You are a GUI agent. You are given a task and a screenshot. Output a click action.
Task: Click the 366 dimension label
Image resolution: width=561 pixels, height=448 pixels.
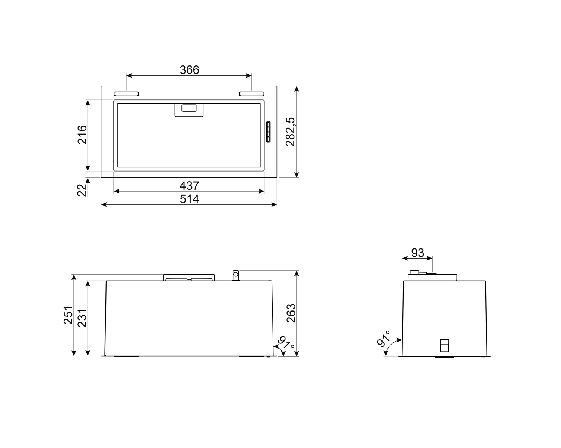(189, 70)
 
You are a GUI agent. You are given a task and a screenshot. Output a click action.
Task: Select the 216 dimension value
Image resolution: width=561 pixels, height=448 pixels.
(82, 135)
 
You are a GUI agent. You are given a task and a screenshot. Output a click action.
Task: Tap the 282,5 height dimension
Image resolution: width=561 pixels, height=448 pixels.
(291, 132)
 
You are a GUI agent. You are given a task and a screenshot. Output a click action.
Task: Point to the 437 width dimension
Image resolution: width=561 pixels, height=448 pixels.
(189, 185)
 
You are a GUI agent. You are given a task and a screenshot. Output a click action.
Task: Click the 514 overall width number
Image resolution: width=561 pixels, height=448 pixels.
(189, 199)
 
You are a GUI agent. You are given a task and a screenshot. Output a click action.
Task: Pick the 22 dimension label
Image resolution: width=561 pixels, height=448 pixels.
(82, 190)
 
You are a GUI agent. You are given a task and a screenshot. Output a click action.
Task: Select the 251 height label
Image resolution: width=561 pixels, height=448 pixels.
(68, 315)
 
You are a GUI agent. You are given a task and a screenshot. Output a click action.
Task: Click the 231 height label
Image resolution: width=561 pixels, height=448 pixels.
(82, 318)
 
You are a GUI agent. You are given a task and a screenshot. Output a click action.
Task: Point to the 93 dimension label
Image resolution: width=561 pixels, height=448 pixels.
(417, 253)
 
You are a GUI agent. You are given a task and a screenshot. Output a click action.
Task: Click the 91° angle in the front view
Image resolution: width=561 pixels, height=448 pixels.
(286, 343)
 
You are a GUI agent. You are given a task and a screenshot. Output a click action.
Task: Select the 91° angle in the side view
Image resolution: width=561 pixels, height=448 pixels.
(384, 339)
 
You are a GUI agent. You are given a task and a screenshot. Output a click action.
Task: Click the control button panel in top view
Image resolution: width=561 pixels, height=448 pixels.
(269, 132)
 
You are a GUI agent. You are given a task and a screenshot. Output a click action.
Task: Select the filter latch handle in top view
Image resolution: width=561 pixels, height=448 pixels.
(189, 110)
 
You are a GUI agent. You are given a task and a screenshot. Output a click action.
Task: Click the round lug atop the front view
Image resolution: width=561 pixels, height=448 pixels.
(236, 275)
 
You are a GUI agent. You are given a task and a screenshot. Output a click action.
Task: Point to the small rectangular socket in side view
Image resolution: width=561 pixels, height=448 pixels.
(444, 346)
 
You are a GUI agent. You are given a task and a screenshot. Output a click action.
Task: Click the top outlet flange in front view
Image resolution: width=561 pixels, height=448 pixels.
(189, 278)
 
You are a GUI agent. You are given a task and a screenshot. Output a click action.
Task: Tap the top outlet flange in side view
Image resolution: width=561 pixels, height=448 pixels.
(432, 277)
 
